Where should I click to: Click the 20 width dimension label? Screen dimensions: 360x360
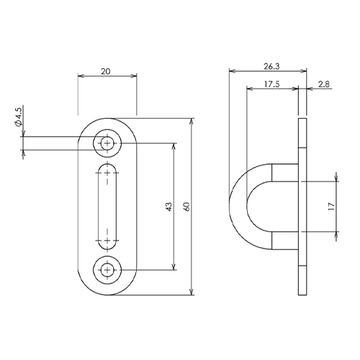[106, 71]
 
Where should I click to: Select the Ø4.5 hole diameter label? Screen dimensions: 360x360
[18, 117]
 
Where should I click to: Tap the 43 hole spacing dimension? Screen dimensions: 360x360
[169, 207]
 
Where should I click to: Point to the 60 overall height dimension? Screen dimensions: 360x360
[187, 207]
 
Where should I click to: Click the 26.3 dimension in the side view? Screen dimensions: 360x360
[271, 66]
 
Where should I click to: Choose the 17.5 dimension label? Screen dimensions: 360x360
[272, 84]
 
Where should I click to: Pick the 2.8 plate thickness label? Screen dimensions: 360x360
[324, 84]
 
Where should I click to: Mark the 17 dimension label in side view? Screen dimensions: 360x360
[331, 207]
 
